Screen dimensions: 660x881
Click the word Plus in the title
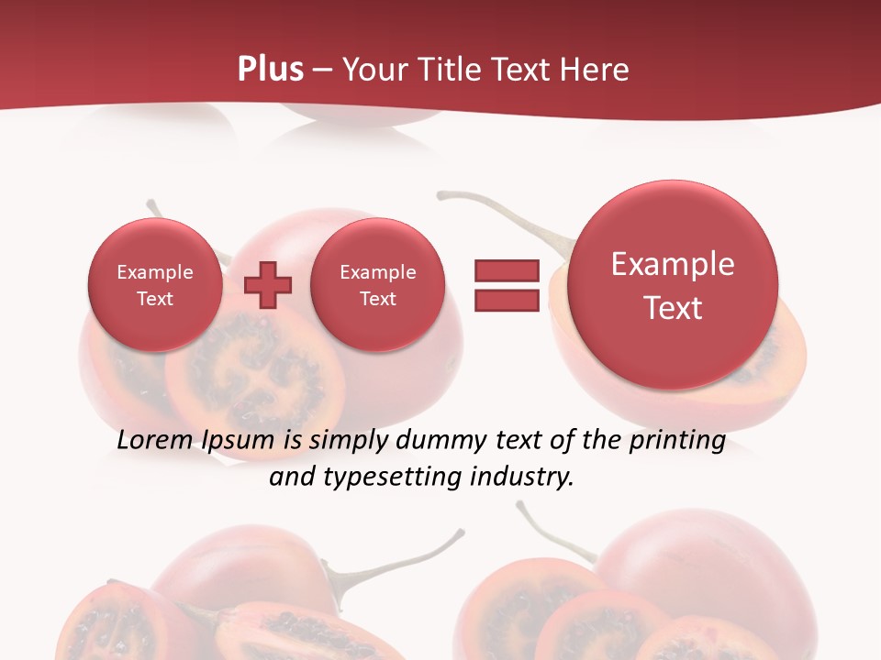tap(271, 70)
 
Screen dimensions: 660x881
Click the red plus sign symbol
tap(268, 285)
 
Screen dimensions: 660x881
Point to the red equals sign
tap(506, 285)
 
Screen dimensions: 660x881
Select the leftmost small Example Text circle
tap(155, 285)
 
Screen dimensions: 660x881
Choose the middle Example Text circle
tap(377, 285)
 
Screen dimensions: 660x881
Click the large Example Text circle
tap(673, 285)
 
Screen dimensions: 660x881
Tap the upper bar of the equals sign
tap(506, 270)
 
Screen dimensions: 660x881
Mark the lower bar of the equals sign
tap(506, 300)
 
